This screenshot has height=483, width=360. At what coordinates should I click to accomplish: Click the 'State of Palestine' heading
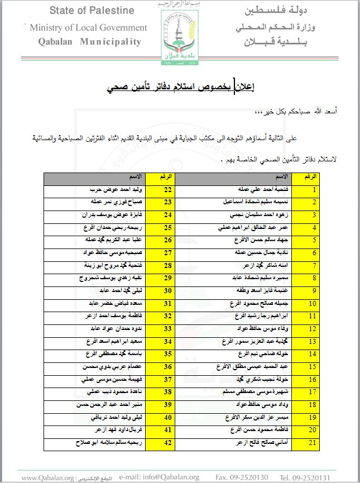pos(92,11)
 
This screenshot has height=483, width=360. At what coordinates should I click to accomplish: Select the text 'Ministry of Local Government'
pos(88,28)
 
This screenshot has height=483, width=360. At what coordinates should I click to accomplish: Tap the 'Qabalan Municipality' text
pos(90,42)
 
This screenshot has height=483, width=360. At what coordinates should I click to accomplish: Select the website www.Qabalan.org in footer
pos(48,478)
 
